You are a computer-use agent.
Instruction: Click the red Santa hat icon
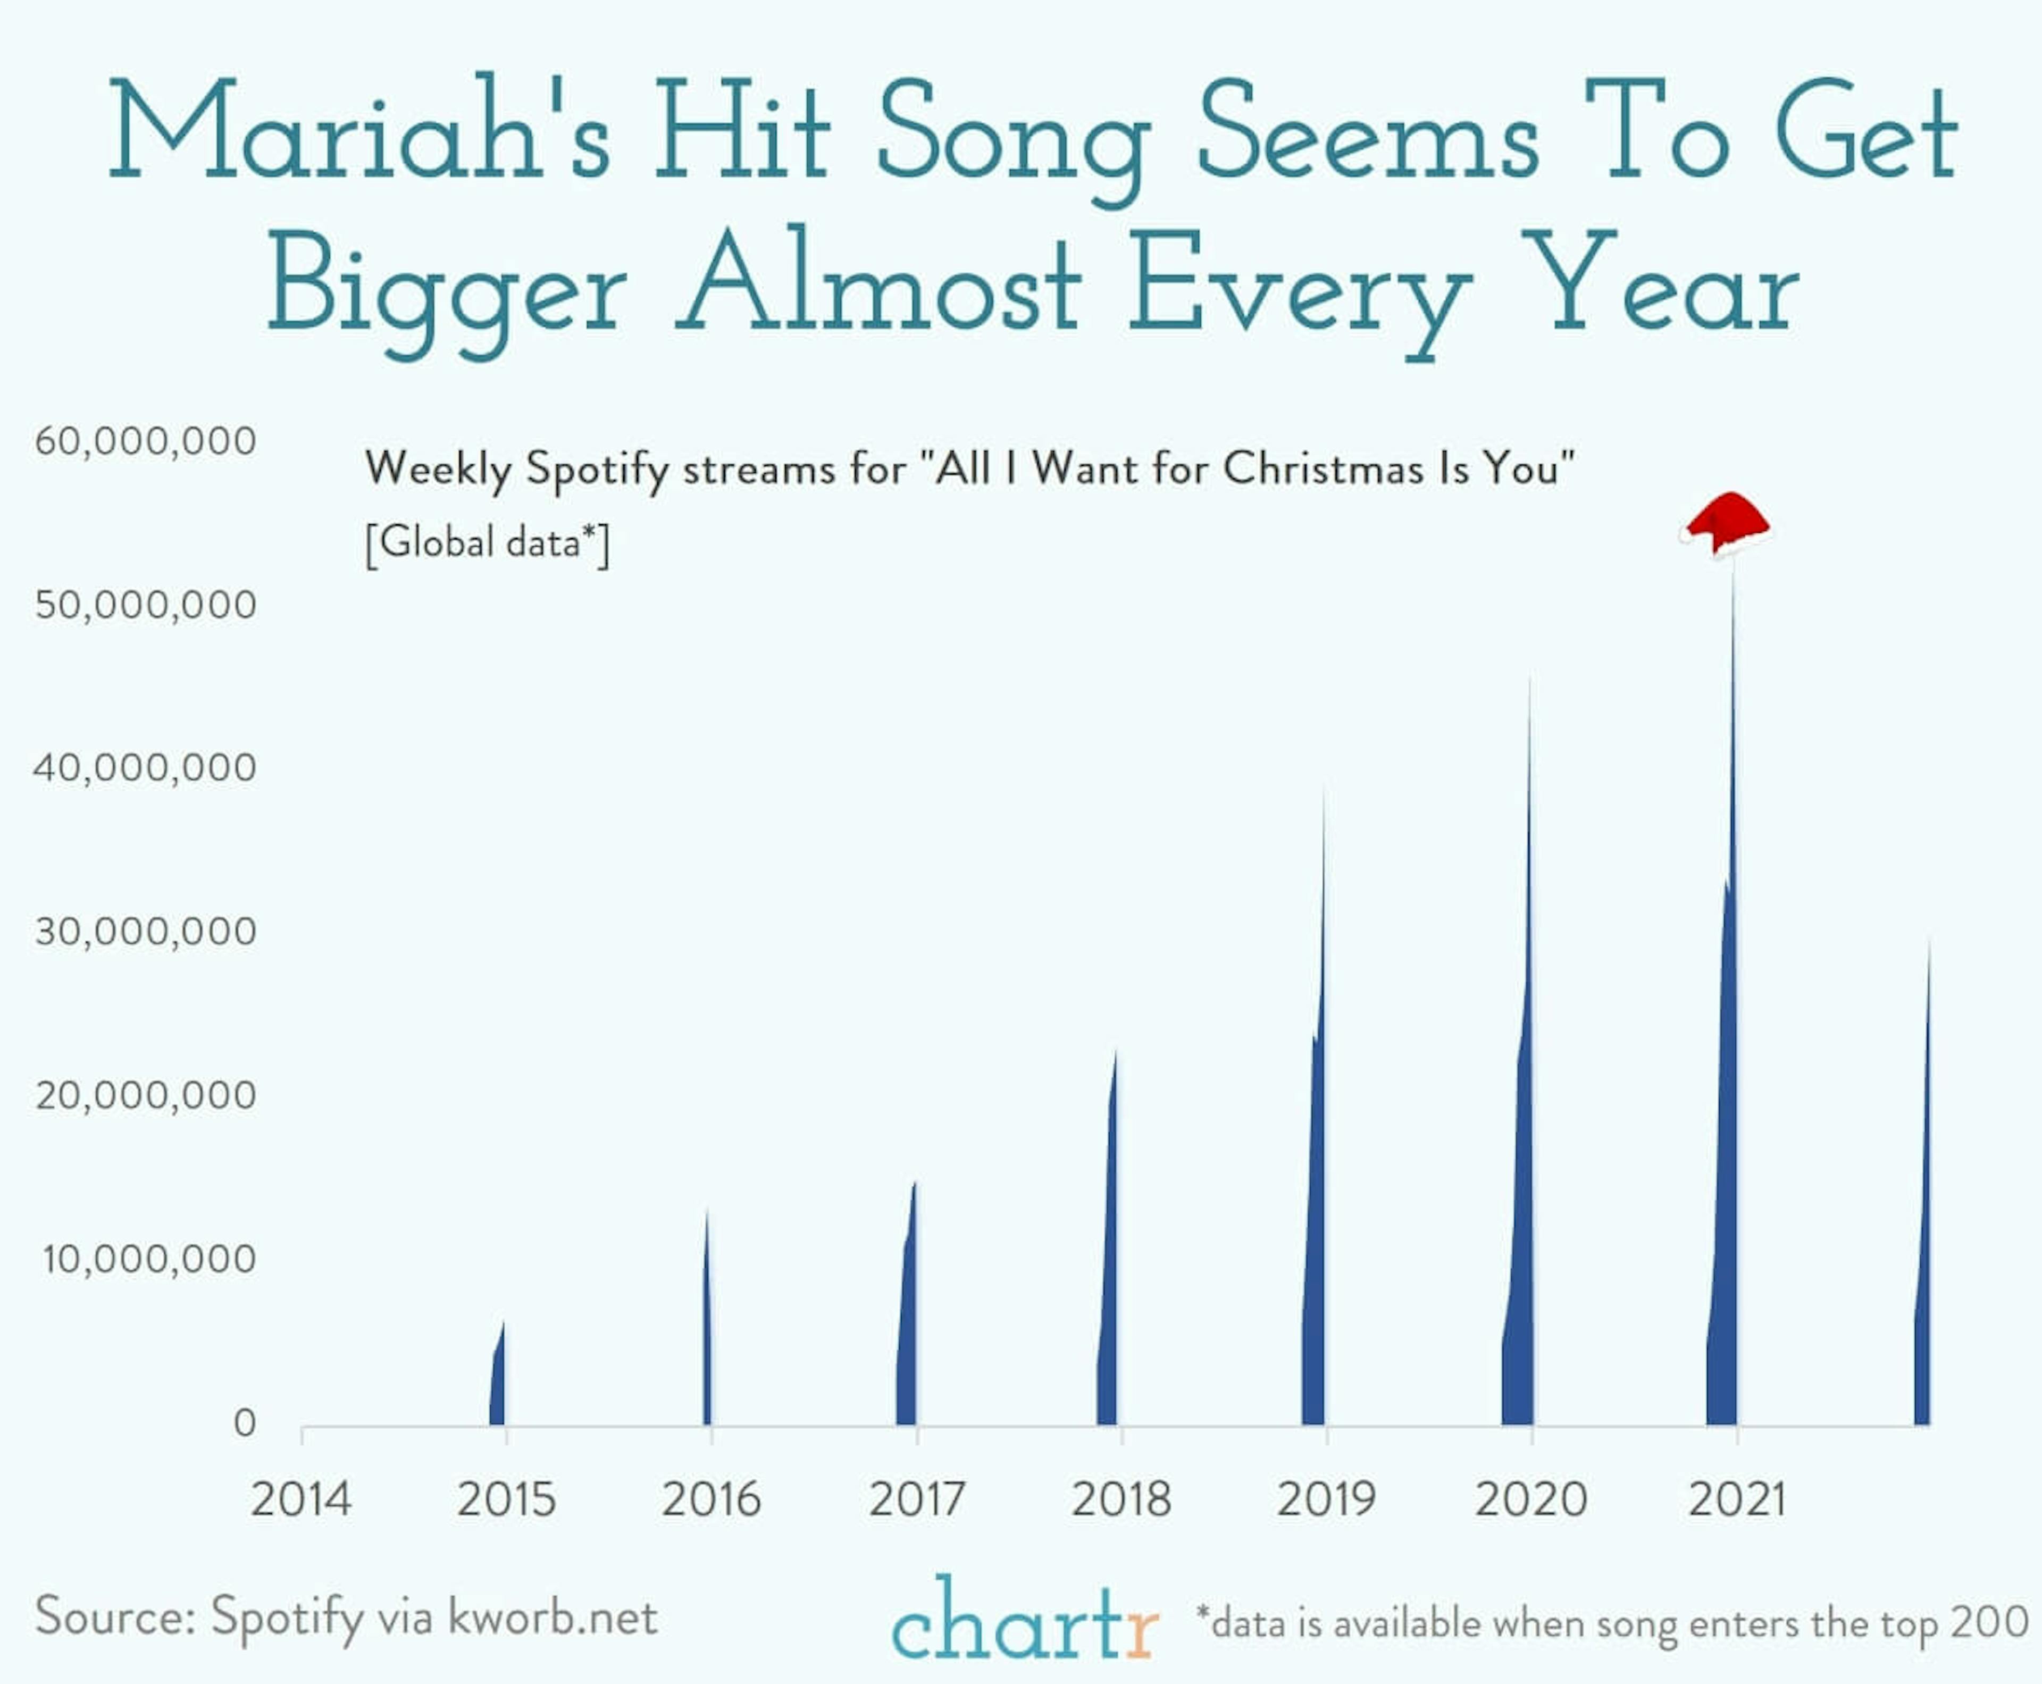[1726, 525]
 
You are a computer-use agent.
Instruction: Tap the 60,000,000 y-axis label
[146, 441]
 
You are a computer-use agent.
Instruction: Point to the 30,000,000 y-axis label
[146, 931]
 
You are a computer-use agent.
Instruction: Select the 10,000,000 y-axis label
[148, 1259]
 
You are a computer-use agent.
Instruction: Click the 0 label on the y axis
[245, 1423]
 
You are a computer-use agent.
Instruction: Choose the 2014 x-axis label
[301, 1499]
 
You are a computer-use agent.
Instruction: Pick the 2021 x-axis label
[1736, 1499]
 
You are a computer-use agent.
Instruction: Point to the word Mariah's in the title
[359, 131]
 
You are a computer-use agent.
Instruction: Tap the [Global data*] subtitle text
[487, 543]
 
